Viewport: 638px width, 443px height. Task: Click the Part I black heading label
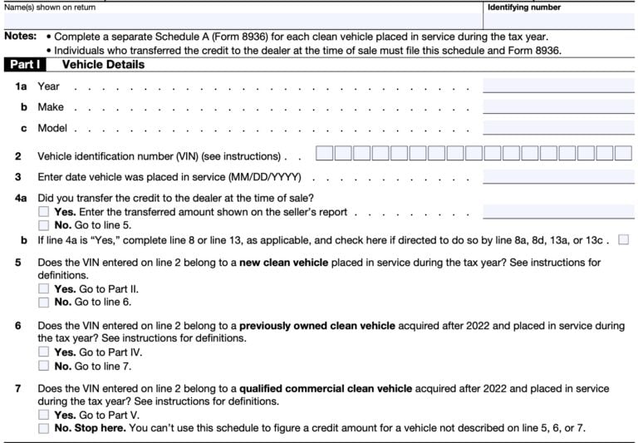[28, 64]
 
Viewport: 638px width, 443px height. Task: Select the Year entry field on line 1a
[557, 86]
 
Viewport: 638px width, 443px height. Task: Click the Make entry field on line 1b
[557, 106]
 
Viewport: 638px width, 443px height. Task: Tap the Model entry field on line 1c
[557, 128]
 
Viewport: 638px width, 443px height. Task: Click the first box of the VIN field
[324, 154]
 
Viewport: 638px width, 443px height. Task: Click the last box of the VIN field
[624, 154]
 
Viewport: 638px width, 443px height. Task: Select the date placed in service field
[557, 176]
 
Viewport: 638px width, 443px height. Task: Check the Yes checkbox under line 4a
[43, 213]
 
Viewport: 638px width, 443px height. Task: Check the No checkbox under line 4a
[43, 225]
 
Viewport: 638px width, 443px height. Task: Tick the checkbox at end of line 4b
[624, 239]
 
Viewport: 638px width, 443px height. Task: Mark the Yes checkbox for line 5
[43, 289]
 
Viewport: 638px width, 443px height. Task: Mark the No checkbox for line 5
[43, 303]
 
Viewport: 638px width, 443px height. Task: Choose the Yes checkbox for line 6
[43, 352]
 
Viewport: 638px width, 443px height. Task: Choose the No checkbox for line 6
[43, 366]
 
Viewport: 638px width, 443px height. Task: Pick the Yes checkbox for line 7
[43, 416]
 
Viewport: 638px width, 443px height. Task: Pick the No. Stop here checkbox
[43, 429]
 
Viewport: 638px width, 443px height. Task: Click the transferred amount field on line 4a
[557, 212]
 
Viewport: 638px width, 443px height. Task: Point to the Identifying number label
[523, 7]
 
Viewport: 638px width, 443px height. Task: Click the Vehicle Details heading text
[103, 64]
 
